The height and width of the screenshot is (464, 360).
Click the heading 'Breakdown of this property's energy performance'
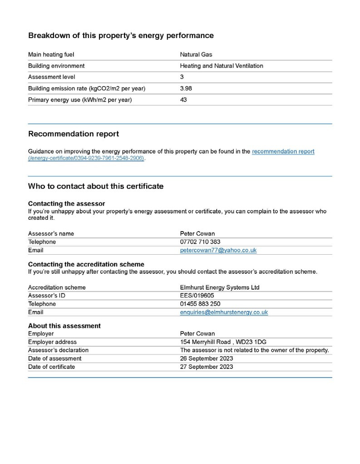[x=121, y=35]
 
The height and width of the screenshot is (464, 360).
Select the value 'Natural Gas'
[x=196, y=55]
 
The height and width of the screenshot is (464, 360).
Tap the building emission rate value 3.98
[x=186, y=88]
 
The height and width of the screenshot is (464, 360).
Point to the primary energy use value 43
[x=183, y=100]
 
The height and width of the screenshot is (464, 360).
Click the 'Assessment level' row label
[x=52, y=77]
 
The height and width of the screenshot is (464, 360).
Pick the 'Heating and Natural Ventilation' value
[x=222, y=66]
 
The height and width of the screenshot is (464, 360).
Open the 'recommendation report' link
[x=283, y=151]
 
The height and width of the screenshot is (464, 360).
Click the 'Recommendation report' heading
[x=74, y=134]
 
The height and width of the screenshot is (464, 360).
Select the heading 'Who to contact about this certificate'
[x=96, y=186]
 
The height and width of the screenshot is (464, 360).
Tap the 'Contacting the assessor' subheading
[x=67, y=204]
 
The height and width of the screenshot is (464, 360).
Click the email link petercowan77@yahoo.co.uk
[x=218, y=250]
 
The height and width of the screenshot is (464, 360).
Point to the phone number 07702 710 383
[x=200, y=242]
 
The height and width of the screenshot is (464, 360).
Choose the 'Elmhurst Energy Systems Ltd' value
[x=220, y=288]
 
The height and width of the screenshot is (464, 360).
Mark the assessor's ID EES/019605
[x=197, y=296]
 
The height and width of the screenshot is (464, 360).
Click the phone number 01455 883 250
[x=200, y=304]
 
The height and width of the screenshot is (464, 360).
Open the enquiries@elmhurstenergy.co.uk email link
[x=224, y=312]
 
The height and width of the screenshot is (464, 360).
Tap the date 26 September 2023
[x=207, y=358]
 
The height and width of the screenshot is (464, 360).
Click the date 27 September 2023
[x=207, y=367]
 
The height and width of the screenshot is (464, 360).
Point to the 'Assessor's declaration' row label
[x=58, y=350]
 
